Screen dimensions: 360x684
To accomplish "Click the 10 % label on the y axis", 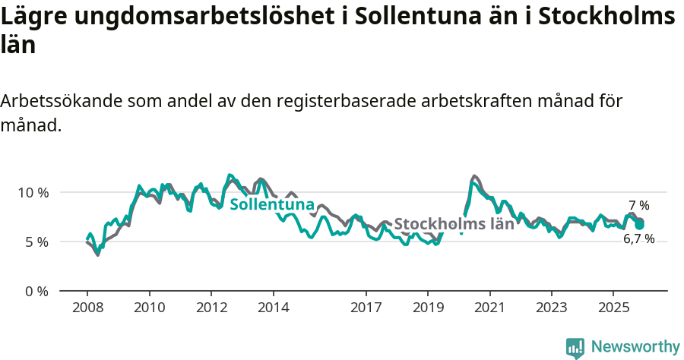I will [33, 192].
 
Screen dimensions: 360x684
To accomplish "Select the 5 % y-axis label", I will [37, 242].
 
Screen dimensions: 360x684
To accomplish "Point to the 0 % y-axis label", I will [37, 291].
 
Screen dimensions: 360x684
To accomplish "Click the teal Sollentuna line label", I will [272, 205].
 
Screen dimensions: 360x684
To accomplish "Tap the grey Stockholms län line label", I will [454, 224].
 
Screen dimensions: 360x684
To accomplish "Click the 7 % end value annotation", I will [638, 206].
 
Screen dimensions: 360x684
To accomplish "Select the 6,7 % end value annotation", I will [638, 238].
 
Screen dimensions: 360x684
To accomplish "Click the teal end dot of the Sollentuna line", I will [640, 225].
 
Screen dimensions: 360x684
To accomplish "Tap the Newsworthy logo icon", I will [575, 347].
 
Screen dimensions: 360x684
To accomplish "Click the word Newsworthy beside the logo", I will [635, 347].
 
